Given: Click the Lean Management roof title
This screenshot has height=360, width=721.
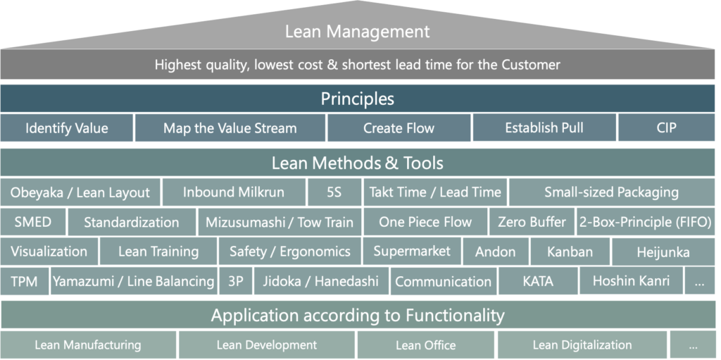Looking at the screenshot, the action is pyautogui.click(x=357, y=32).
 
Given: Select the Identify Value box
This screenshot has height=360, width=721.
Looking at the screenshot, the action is pyautogui.click(x=67, y=128).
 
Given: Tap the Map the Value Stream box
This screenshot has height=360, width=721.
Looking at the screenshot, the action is pyautogui.click(x=230, y=128).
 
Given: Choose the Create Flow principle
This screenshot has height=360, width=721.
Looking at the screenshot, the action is pyautogui.click(x=399, y=128).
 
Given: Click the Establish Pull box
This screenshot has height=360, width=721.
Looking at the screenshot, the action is pyautogui.click(x=544, y=127).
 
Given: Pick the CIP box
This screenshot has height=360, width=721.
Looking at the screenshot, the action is pyautogui.click(x=666, y=127).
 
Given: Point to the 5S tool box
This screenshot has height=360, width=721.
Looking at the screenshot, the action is pyautogui.click(x=334, y=192).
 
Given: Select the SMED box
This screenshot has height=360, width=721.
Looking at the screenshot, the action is pyautogui.click(x=33, y=222).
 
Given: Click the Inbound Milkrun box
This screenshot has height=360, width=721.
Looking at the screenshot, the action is pyautogui.click(x=234, y=192).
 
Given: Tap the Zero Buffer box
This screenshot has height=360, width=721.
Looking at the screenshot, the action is pyautogui.click(x=532, y=222).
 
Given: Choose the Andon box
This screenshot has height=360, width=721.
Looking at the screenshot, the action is pyautogui.click(x=495, y=252).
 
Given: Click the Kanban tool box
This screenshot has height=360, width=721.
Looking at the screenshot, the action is pyautogui.click(x=570, y=252).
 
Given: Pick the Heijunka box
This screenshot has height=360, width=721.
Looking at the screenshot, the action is pyautogui.click(x=663, y=252).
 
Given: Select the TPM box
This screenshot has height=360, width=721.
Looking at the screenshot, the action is pyautogui.click(x=25, y=281).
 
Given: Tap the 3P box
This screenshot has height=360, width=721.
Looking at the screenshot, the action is pyautogui.click(x=235, y=281).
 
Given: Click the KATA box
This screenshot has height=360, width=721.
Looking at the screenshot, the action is pyautogui.click(x=538, y=281).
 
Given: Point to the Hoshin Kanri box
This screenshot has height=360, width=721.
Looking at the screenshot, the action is pyautogui.click(x=631, y=280).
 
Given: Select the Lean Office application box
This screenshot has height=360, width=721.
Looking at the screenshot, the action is pyautogui.click(x=426, y=345).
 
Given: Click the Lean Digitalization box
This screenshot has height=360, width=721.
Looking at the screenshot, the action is pyautogui.click(x=582, y=345).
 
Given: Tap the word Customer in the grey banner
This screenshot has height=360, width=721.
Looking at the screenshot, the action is pyautogui.click(x=531, y=64).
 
